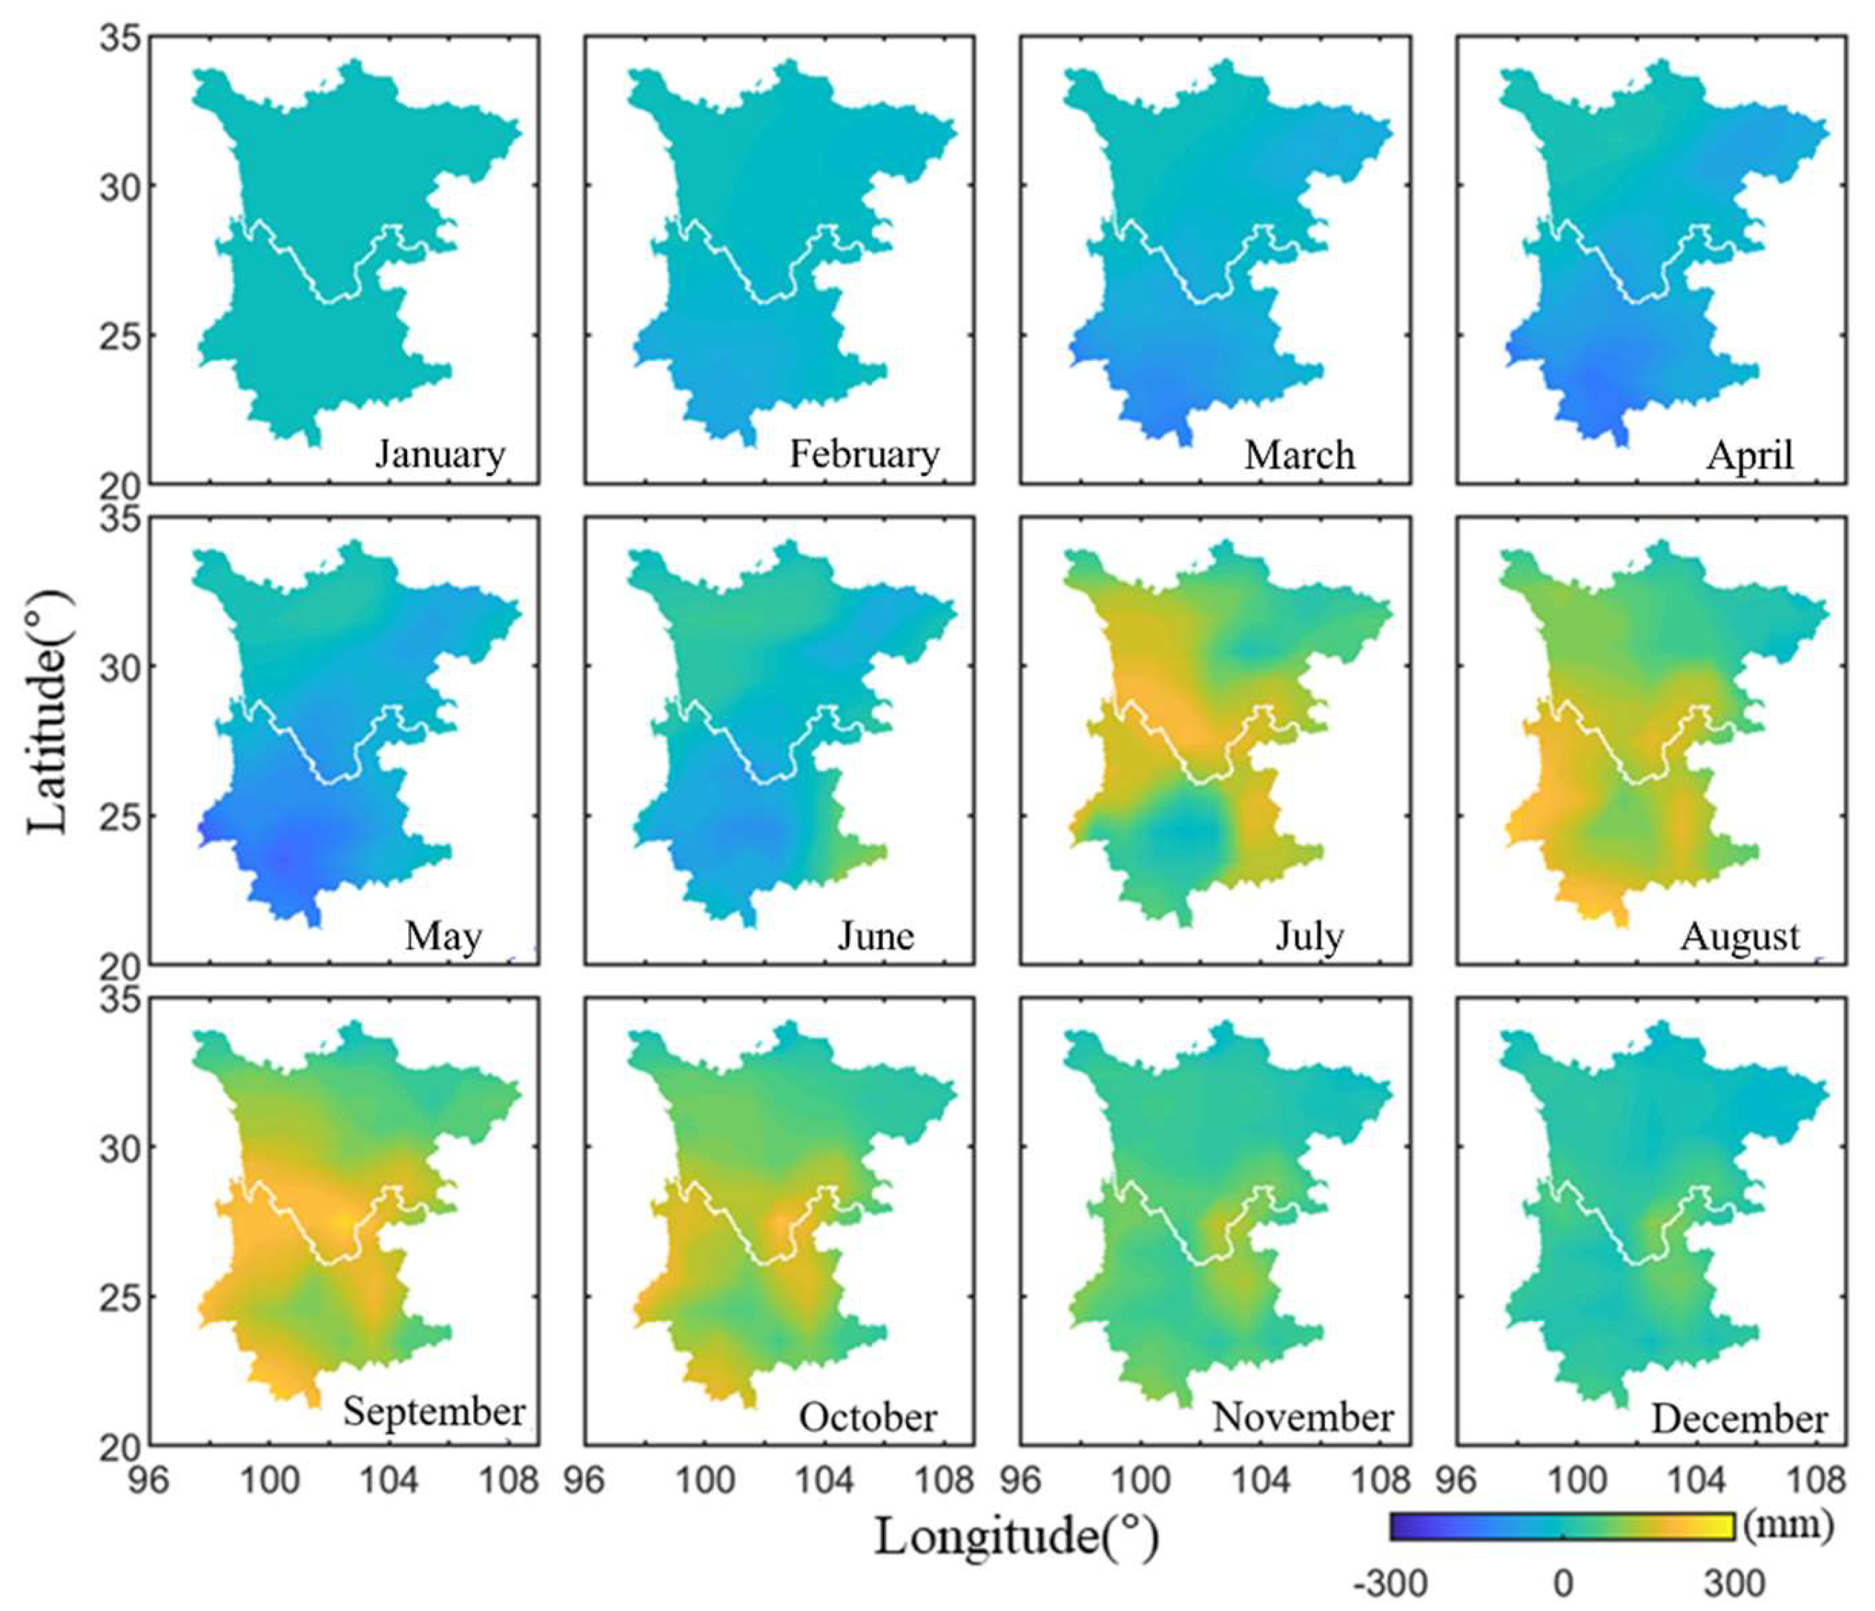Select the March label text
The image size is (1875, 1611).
[1299, 455]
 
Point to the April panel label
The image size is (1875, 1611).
[1749, 455]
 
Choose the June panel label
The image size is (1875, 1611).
[875, 936]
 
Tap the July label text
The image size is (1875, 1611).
[1309, 936]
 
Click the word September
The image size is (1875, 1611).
[434, 1412]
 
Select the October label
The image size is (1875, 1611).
[867, 1418]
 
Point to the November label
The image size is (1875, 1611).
[1302, 1418]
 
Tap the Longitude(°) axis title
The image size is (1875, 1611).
[1015, 1536]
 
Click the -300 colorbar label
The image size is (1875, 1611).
[1390, 1584]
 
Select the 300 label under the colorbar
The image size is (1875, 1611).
[1734, 1584]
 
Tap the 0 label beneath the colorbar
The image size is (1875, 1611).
[1563, 1584]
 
